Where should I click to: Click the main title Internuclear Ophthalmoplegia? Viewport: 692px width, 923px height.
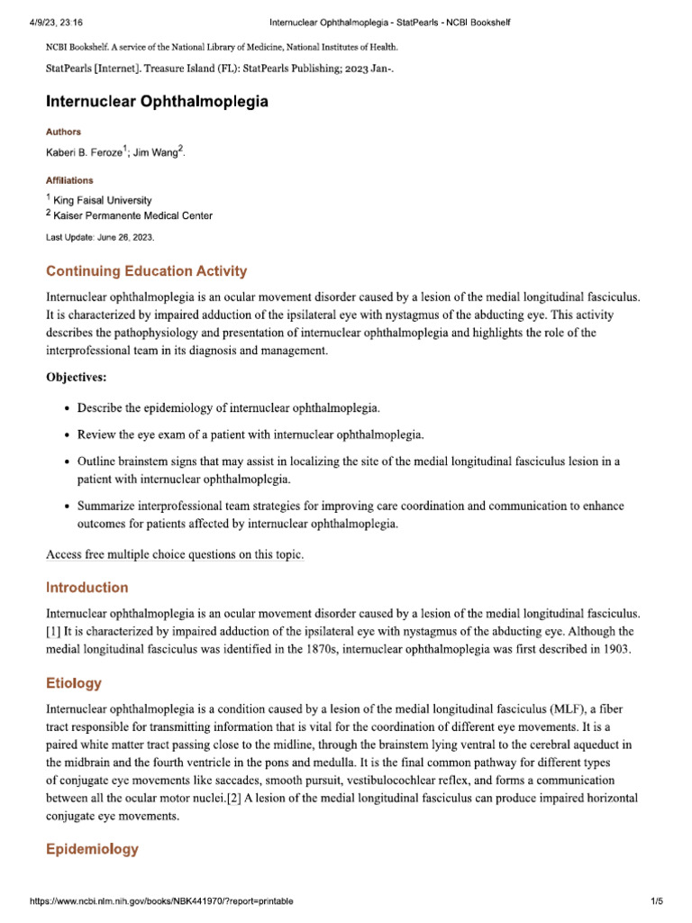[157, 102]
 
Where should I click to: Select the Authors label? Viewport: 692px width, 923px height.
[63, 132]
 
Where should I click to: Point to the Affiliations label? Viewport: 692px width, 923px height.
[69, 180]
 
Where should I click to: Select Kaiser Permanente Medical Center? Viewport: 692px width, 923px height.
[132, 215]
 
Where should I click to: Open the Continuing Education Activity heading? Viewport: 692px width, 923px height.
[146, 271]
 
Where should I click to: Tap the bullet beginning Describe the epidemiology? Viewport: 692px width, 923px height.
[228, 408]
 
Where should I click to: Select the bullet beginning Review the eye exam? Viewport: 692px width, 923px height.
[250, 435]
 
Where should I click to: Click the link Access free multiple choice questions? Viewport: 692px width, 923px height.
[175, 555]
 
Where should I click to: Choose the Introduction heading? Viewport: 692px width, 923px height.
[86, 588]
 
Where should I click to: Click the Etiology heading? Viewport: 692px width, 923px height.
[73, 683]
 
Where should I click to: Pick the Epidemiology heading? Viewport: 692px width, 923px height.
[92, 849]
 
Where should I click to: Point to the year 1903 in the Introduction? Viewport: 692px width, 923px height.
[618, 649]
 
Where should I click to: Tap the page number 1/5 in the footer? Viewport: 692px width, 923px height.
[657, 901]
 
